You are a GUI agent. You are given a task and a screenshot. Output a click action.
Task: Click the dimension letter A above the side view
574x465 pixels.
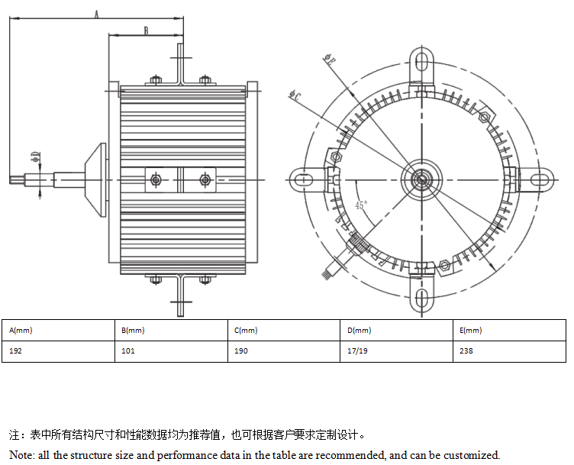(96, 14)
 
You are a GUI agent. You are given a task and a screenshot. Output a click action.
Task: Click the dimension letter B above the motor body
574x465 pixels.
(146, 30)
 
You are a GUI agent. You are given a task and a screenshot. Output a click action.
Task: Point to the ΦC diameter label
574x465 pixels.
(295, 95)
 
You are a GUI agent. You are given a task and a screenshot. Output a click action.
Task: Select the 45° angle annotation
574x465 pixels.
(361, 205)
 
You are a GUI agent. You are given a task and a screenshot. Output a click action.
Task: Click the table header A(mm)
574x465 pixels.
(21, 331)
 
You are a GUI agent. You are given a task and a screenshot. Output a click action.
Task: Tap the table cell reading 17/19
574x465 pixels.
(357, 352)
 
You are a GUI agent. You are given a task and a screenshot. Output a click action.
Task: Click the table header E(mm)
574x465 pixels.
(471, 331)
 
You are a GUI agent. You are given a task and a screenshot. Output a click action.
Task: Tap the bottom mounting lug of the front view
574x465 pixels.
(421, 298)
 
